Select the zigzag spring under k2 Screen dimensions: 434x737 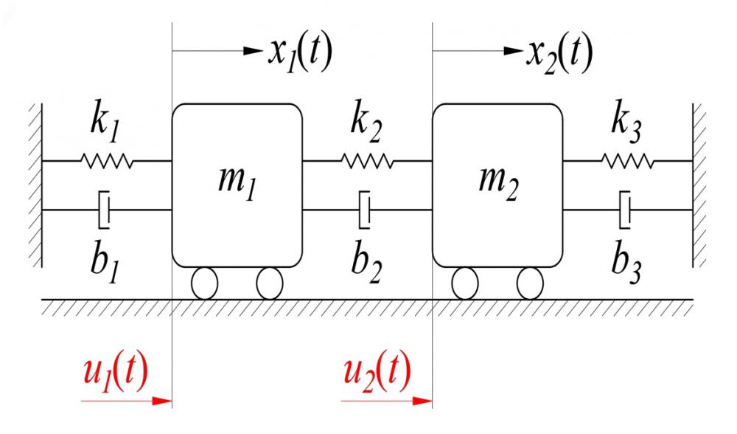(x=366, y=160)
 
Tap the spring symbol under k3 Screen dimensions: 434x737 (x=626, y=160)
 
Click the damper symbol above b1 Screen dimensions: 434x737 (x=105, y=210)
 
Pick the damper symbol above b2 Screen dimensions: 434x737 (x=364, y=210)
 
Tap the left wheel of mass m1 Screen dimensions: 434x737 (x=203, y=283)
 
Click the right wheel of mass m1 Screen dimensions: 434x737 (x=270, y=283)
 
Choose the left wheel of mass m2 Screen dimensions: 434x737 (x=464, y=283)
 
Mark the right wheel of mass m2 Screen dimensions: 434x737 (x=529, y=283)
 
